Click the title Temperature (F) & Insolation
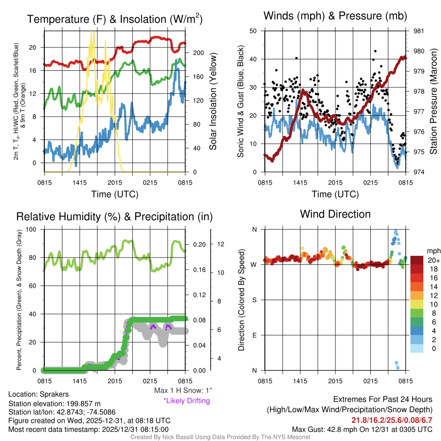115,19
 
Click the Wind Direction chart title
335,214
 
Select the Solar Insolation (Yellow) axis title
213,102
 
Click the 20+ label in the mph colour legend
433,260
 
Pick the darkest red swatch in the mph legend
418,260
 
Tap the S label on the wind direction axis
255,300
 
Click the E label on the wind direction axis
255,335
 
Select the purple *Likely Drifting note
186,401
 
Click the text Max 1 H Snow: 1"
183,391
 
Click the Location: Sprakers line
38,394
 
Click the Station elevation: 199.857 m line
54,404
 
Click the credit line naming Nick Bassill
220,437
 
